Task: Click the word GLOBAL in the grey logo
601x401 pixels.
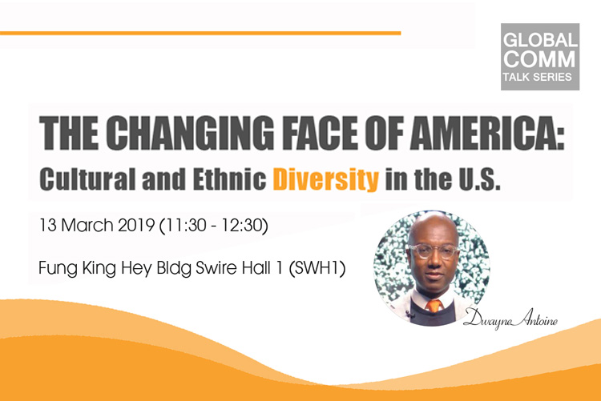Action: pos(540,40)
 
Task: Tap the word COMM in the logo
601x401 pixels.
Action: pos(539,59)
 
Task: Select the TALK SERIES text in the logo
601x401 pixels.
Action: pos(538,77)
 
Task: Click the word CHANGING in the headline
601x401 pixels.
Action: pos(190,133)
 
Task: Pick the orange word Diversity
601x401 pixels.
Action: pos(326,179)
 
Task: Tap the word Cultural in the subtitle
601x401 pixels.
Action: pos(88,178)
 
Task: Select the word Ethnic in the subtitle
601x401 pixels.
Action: pos(230,178)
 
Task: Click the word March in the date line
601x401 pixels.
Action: pos(87,225)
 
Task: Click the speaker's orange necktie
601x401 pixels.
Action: pos(434,305)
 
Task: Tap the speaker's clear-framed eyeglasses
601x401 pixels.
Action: pos(434,251)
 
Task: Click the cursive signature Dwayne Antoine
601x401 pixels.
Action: pos(510,319)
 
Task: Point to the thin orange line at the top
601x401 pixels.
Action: pos(200,34)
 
